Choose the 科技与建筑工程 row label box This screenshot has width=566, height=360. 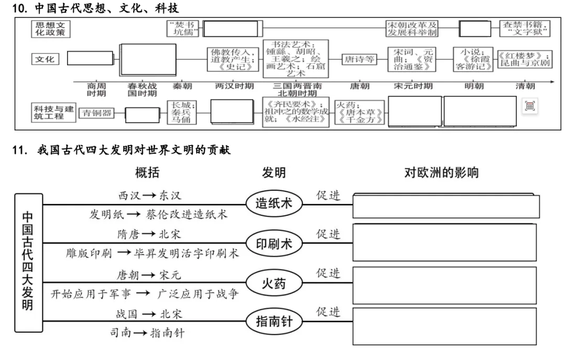click(x=53, y=112)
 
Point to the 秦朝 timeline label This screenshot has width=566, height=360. click(x=183, y=86)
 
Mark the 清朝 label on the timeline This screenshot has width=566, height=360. click(x=525, y=86)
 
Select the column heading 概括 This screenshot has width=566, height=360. click(x=147, y=173)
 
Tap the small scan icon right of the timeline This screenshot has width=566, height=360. click(x=530, y=106)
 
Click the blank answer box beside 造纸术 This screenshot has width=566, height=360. click(x=447, y=206)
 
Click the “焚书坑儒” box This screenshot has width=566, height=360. click(x=183, y=28)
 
